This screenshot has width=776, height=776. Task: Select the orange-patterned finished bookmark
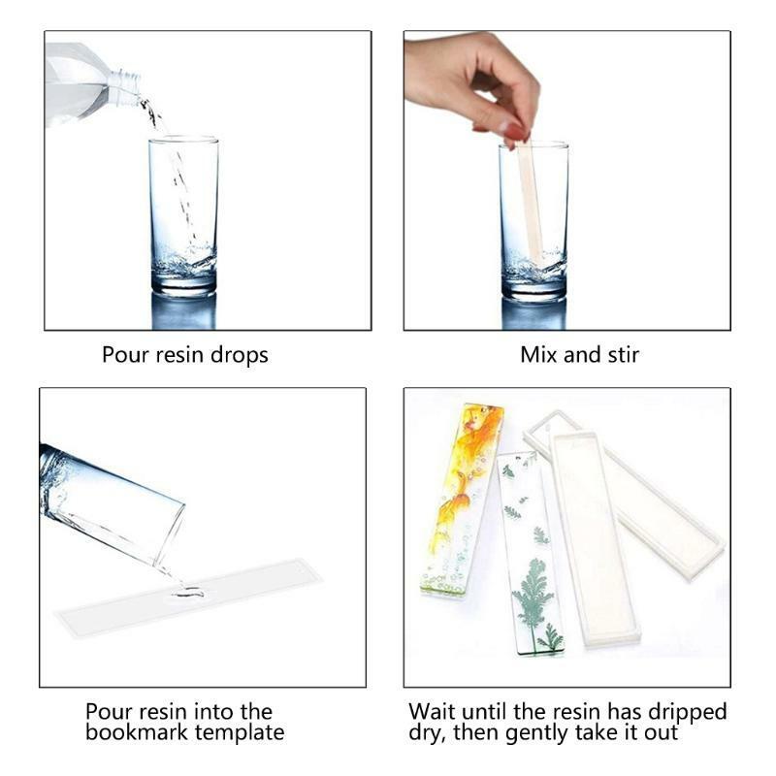(x=462, y=500)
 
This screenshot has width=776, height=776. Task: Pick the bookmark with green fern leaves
(x=531, y=553)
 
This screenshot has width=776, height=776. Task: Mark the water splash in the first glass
(x=184, y=261)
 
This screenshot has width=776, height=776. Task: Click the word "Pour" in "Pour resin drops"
(x=126, y=355)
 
